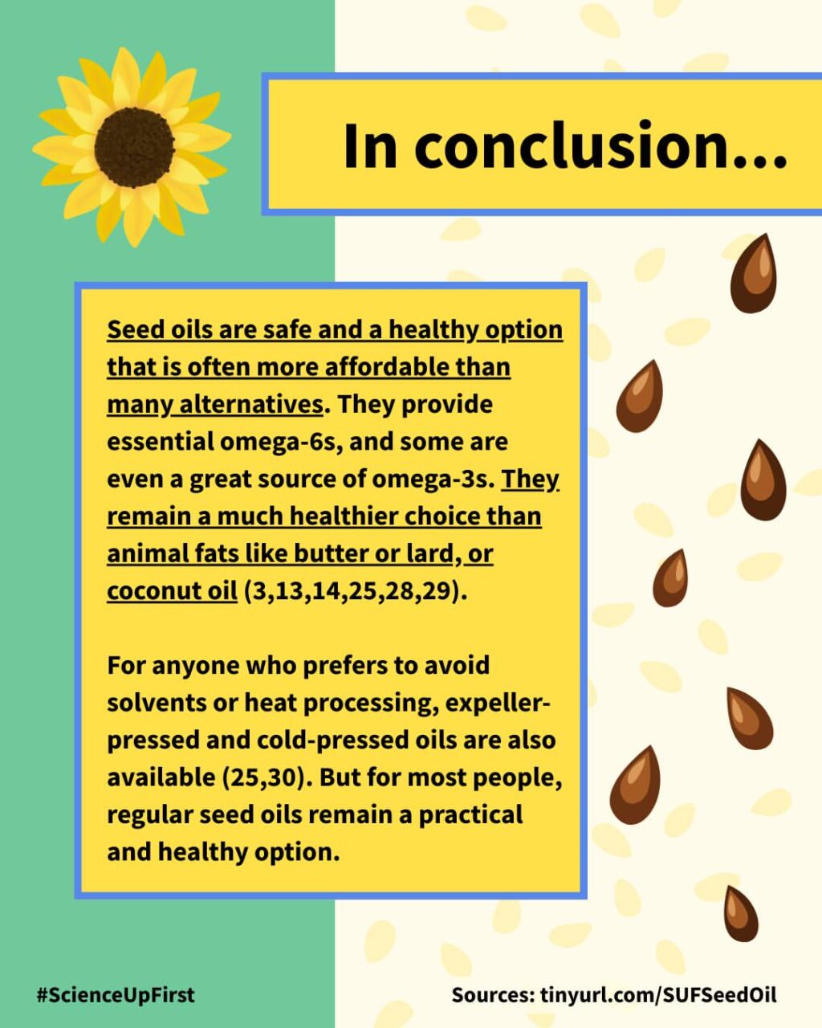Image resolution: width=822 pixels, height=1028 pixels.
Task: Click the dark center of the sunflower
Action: (x=134, y=148)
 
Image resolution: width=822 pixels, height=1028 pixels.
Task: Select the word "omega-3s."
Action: (x=433, y=479)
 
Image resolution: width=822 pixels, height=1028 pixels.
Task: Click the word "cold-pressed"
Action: (x=330, y=741)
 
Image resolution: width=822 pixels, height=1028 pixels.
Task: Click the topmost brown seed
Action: (x=753, y=274)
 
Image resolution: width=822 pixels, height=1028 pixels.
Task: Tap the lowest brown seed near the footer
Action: (x=741, y=914)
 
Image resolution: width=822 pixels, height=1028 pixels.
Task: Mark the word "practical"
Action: (x=470, y=816)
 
